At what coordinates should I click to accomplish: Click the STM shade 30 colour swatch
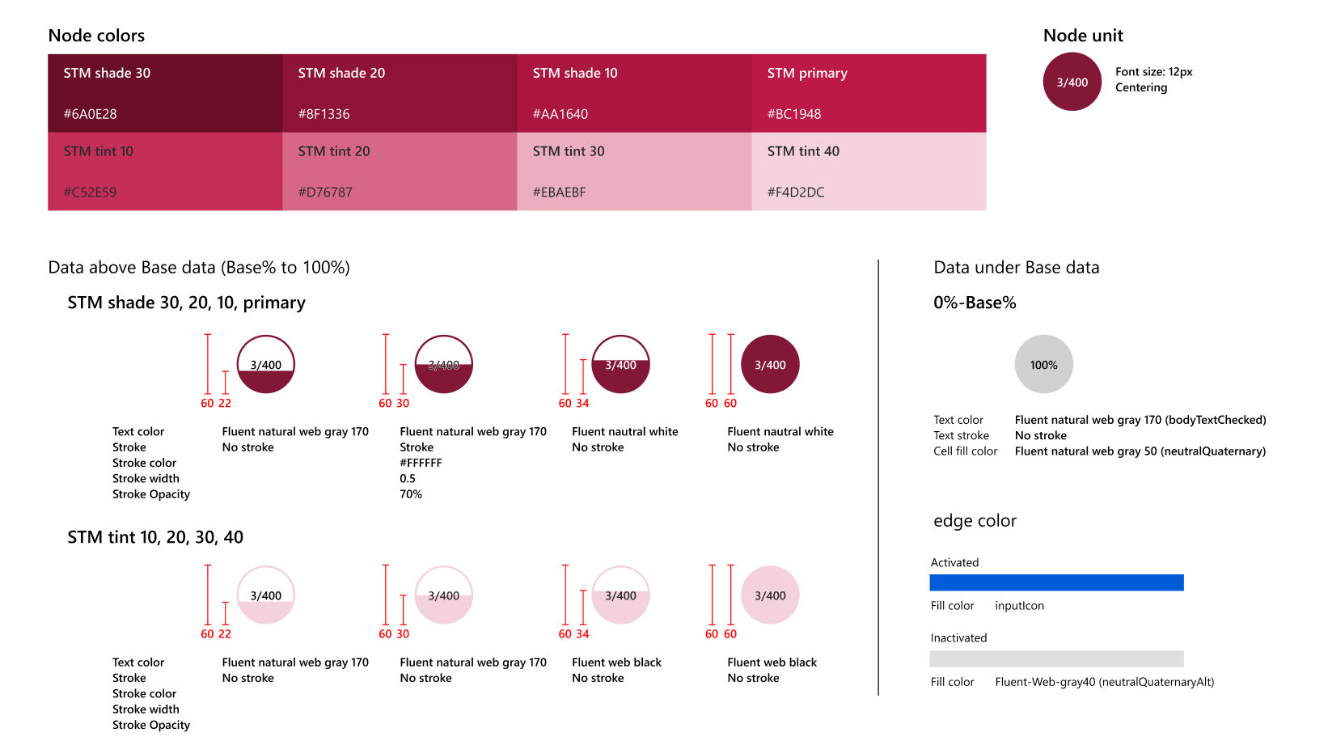165,93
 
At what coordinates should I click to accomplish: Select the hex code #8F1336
324,114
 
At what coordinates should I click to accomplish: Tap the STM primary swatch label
807,73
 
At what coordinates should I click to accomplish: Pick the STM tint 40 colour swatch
869,171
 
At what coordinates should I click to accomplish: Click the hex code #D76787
325,193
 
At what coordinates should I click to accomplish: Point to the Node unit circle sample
1072,82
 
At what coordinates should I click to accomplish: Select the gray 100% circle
1043,365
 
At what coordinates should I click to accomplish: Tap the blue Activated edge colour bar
1056,582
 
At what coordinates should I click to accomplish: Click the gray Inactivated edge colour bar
1056,658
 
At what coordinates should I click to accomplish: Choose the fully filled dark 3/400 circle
770,365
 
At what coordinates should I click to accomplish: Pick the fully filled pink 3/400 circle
770,595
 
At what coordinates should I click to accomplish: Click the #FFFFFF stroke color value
421,463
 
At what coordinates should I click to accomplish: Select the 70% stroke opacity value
411,494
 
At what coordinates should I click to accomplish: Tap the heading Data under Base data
1016,268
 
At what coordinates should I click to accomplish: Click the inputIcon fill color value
1019,606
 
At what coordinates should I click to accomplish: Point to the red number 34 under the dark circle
582,403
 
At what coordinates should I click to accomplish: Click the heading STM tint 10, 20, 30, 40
155,537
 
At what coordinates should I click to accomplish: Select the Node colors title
96,36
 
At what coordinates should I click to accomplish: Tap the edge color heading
975,521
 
